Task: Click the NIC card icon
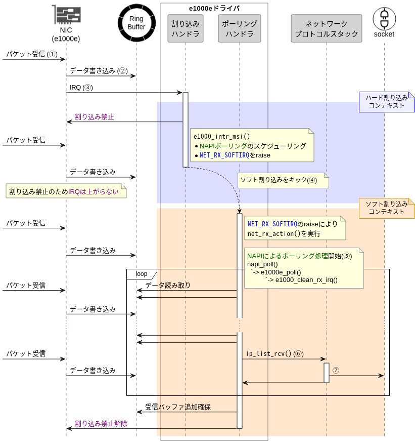coord(67,15)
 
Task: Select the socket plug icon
coord(384,19)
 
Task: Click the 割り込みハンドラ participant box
coord(186,28)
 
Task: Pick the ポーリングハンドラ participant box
coord(240,28)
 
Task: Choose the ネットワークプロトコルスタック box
coord(327,28)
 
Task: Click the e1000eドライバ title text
coord(214,9)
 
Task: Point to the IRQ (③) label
coord(81,88)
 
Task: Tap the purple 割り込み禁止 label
coord(95,116)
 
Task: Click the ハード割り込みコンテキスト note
coord(387,102)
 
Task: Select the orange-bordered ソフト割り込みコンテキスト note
coord(387,208)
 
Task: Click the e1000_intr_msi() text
coord(221,137)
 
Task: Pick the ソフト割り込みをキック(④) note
coord(283,180)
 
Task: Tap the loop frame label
coord(142,274)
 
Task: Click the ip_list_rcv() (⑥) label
coord(275,354)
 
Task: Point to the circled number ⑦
coord(336,371)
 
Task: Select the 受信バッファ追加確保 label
coord(178,407)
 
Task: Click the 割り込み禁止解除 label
coord(101,424)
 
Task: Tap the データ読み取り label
coord(168,286)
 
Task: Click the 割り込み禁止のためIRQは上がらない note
coord(66,191)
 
